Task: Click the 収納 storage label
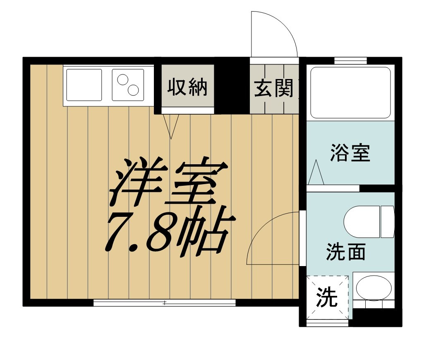pos(187,88)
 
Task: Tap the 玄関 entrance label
pos(273,88)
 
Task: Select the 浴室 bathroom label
pos(350,153)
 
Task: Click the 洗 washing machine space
pos(327,297)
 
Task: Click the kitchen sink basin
pos(84,85)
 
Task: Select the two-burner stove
pos(128,85)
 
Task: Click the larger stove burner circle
pos(134,89)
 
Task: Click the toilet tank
pos(388,222)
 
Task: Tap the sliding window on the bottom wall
pos(164,303)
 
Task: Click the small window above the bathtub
pos(350,60)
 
